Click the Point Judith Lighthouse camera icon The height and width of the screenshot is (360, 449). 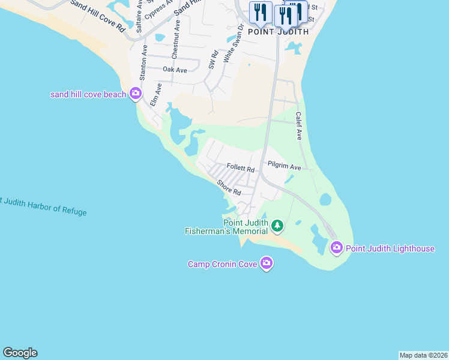click(336, 247)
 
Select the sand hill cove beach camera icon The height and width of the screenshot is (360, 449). click(135, 94)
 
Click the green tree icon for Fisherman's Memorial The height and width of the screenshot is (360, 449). click(277, 226)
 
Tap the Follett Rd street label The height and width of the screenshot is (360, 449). click(241, 169)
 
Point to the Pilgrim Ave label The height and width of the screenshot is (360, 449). click(284, 167)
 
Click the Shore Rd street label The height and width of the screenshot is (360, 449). click(229, 188)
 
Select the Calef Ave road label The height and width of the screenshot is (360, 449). click(298, 126)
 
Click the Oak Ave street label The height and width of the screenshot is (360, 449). click(175, 70)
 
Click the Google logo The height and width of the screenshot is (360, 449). click(20, 353)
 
